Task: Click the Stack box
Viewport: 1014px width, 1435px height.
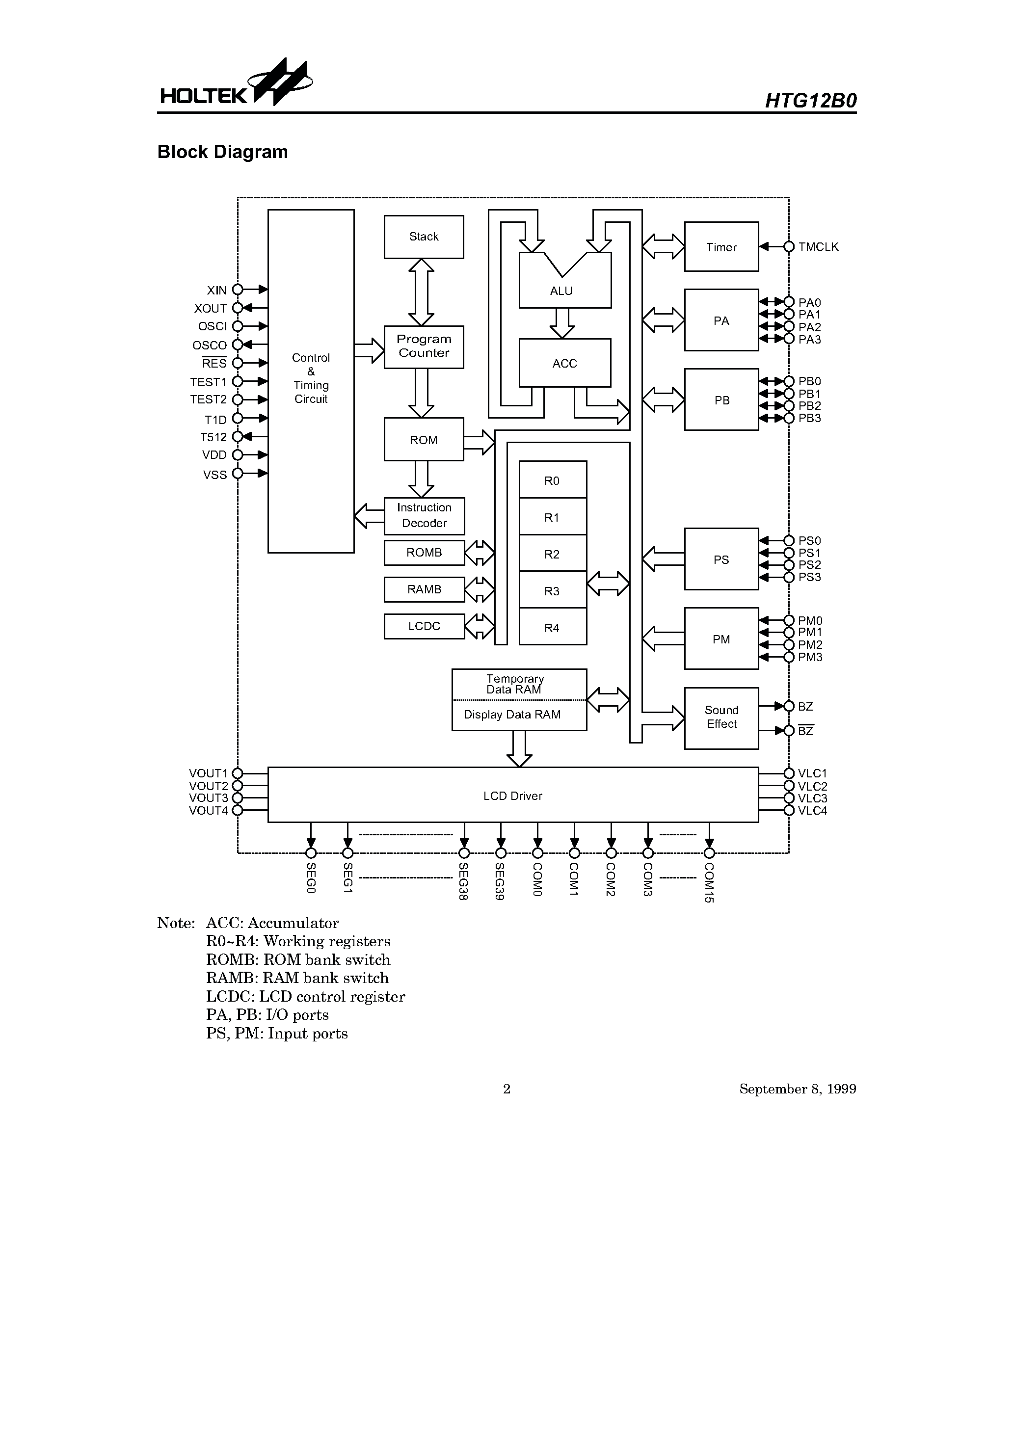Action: tap(424, 237)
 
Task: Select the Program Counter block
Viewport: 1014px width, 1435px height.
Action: tap(424, 346)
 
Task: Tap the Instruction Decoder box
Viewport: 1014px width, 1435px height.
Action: tap(424, 516)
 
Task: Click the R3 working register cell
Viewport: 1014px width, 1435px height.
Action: tap(553, 590)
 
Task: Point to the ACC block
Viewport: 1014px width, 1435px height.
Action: tap(564, 363)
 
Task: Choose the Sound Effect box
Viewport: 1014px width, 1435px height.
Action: tap(721, 717)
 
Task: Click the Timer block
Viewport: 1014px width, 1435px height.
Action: tap(721, 247)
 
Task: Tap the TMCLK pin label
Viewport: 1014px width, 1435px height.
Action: tap(818, 247)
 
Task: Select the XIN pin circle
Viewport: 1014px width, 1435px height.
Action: tap(238, 290)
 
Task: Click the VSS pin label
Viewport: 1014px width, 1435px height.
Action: tap(214, 475)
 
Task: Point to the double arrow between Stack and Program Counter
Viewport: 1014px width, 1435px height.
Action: tap(421, 292)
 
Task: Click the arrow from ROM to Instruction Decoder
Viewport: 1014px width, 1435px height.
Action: tap(421, 479)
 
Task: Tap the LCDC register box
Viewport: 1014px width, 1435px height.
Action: tap(424, 626)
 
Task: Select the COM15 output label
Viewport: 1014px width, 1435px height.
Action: tap(709, 882)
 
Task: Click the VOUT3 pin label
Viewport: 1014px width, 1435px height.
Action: tap(208, 798)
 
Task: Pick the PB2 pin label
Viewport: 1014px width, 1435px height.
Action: tap(809, 406)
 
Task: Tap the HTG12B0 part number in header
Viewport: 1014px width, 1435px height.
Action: tap(810, 101)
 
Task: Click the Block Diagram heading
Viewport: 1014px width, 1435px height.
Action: tap(222, 152)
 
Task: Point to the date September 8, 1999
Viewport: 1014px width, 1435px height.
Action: tap(797, 1089)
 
